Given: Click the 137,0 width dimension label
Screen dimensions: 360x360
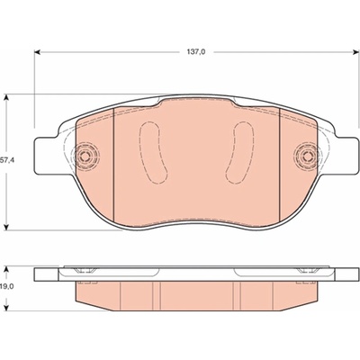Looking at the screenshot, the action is (x=196, y=52).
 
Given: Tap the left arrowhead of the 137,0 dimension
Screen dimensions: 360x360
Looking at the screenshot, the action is (x=37, y=52).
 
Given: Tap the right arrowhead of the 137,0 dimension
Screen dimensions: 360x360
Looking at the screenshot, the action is (x=356, y=52).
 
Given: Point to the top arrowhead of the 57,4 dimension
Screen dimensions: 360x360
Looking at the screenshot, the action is (x=6, y=98).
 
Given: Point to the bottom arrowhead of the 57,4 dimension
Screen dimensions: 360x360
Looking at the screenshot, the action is (x=6, y=228).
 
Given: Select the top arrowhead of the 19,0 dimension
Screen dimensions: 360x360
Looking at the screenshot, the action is (x=7, y=269).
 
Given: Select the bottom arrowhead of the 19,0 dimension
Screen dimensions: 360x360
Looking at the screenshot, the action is (x=7, y=307).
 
